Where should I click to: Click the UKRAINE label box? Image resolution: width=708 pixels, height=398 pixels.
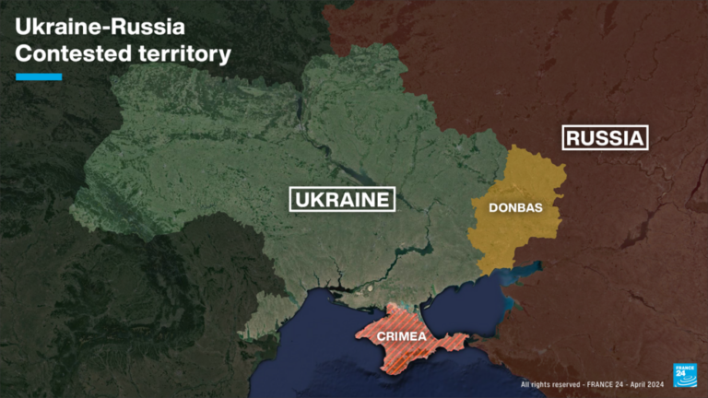(x=342, y=199)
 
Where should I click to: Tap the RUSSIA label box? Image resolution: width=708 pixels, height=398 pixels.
(x=605, y=138)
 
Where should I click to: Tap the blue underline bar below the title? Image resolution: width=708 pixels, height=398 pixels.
(x=39, y=76)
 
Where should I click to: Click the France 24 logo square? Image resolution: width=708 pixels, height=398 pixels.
(x=685, y=374)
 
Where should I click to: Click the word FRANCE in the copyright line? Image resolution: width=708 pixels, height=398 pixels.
(x=597, y=384)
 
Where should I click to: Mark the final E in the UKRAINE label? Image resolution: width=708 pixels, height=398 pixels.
(x=383, y=199)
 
